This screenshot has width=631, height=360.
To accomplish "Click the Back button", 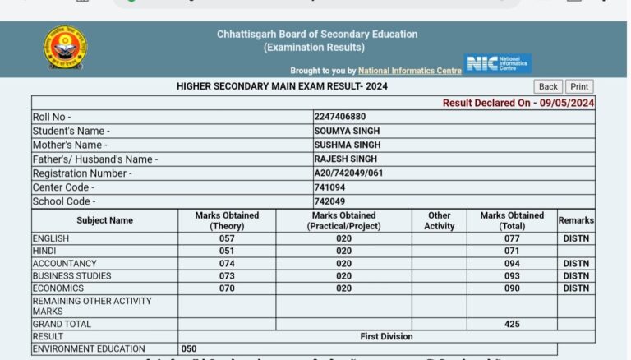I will (x=548, y=86).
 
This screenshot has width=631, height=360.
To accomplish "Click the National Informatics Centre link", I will (x=410, y=71).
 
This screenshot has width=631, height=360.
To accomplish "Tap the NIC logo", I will (x=498, y=64).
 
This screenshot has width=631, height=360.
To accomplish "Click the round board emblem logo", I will (x=66, y=47).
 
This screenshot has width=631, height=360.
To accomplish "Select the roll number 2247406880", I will (x=340, y=117).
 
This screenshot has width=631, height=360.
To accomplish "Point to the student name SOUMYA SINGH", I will (x=347, y=131).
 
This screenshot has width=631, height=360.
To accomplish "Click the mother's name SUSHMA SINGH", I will (x=347, y=145).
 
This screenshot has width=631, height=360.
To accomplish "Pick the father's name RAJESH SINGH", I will (x=345, y=159).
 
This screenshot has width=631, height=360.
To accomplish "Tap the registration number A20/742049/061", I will (x=349, y=173).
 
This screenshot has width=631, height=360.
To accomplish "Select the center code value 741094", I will (x=329, y=187).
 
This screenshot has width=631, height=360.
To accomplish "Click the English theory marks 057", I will (x=227, y=238).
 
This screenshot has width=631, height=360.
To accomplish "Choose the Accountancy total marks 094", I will (x=512, y=264).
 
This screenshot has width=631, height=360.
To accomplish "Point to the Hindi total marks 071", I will (x=512, y=251).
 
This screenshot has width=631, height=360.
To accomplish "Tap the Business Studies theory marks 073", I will (x=227, y=276).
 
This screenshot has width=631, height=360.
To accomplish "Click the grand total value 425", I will (x=512, y=324).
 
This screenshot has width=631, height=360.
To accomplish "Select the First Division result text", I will (x=386, y=336).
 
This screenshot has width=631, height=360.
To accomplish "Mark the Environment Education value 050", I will (x=189, y=348).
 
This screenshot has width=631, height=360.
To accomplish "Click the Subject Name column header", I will (x=104, y=220).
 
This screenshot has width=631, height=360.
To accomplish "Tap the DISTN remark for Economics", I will (x=576, y=288).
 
